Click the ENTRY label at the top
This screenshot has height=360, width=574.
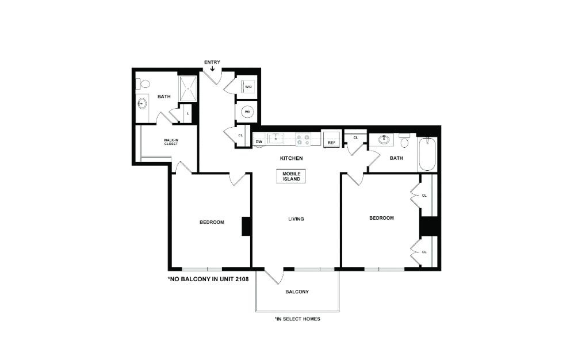(x=212, y=62)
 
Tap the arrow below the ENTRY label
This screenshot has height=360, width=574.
(x=212, y=69)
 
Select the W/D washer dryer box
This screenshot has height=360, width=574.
(x=248, y=87)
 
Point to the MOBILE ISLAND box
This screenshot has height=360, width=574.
(x=291, y=177)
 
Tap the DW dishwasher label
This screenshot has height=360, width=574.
(x=259, y=141)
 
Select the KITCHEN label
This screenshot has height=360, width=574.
(x=291, y=158)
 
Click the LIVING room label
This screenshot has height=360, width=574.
(x=296, y=219)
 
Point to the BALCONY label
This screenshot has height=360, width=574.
(x=297, y=292)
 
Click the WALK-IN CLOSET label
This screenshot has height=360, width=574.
(x=171, y=142)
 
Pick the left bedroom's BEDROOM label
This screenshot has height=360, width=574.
(x=212, y=222)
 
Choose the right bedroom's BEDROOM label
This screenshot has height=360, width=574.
(x=381, y=218)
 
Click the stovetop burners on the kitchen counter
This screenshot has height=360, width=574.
(x=303, y=139)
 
